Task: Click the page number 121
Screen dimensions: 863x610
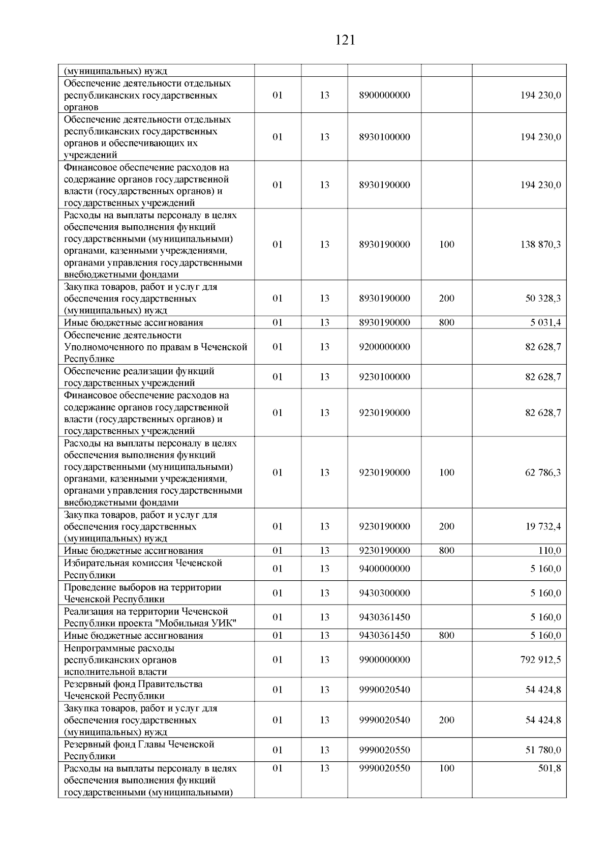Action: (345, 40)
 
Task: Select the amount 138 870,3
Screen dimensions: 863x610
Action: (540, 245)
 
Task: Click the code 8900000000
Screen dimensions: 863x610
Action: (384, 96)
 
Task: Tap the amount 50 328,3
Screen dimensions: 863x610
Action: (543, 299)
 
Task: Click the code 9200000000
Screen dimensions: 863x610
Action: (384, 347)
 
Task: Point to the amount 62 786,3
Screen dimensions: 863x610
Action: (543, 472)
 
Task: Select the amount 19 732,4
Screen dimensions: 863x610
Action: (543, 526)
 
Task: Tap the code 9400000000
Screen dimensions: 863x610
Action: (384, 569)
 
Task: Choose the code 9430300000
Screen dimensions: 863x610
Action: (384, 593)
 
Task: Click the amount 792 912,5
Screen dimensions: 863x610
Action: (540, 660)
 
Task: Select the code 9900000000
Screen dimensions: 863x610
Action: (384, 660)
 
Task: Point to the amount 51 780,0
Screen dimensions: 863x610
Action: (543, 750)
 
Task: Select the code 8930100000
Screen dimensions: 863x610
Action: (384, 137)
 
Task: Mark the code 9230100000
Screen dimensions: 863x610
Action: (384, 377)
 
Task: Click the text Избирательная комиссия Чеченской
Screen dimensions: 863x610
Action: (143, 563)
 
